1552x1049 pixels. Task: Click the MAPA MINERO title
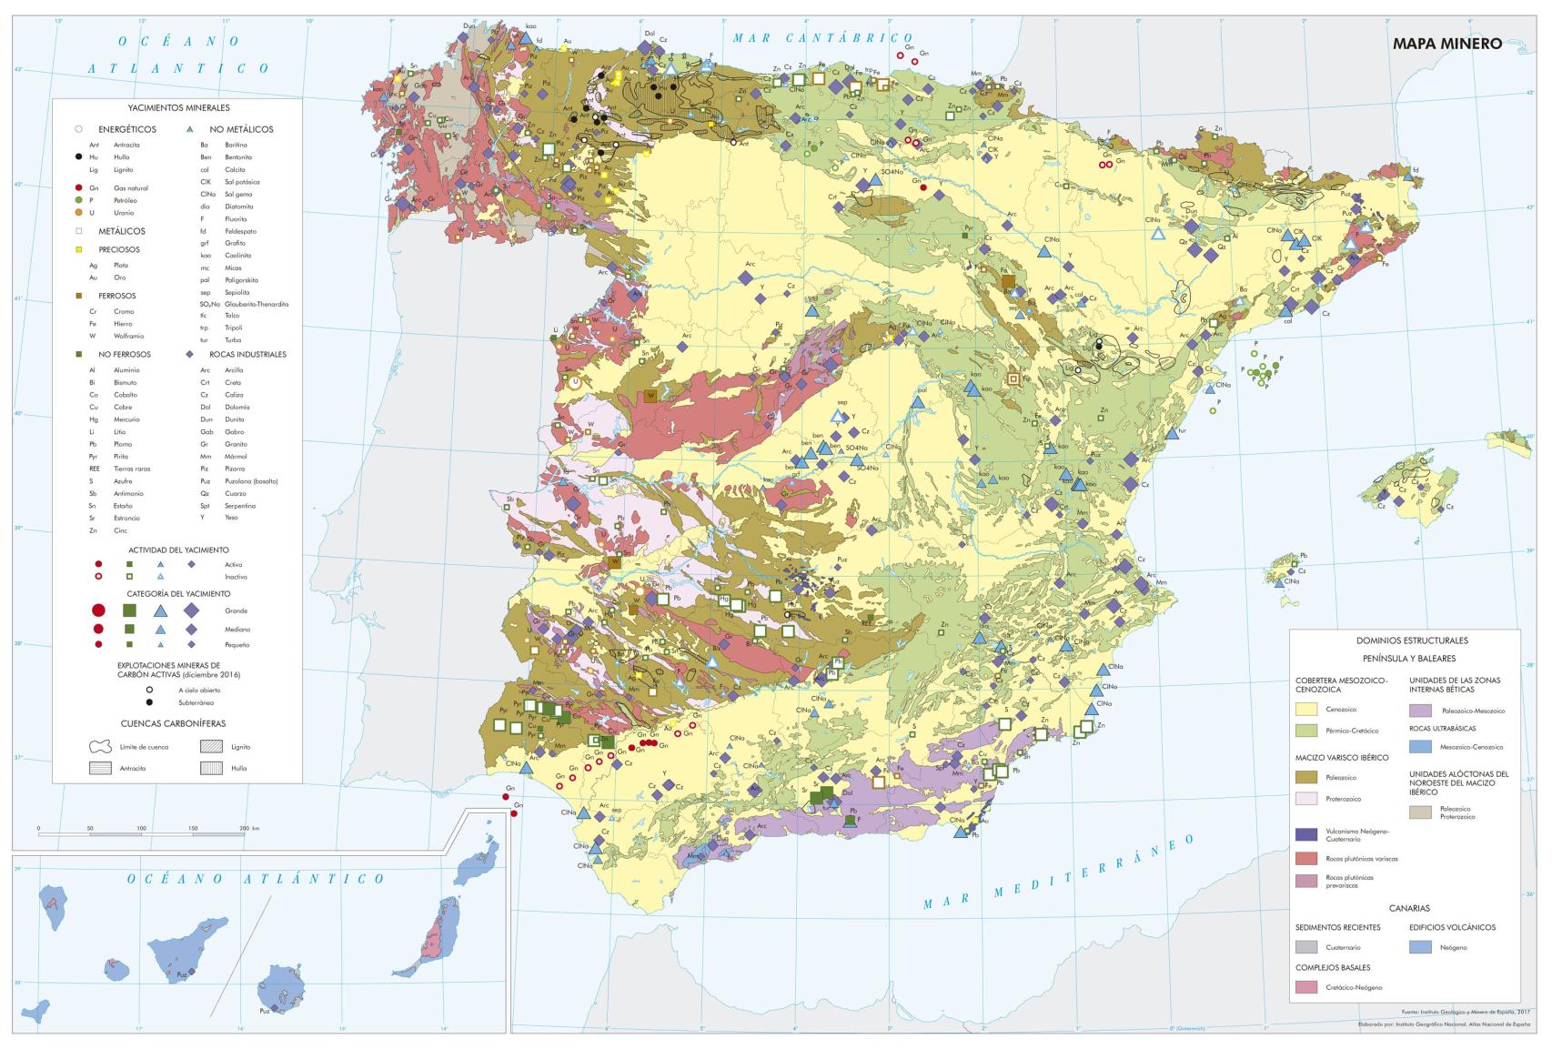coord(1446,43)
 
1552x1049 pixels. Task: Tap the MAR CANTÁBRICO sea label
coord(822,38)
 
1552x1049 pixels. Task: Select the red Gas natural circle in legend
coord(79,187)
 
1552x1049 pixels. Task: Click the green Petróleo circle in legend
coord(79,199)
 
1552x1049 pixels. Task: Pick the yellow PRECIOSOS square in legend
coord(79,249)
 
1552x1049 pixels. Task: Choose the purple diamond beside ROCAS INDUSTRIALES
coord(189,354)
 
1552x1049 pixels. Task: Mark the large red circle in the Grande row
coord(98,610)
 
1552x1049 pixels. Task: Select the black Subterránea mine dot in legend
coord(148,702)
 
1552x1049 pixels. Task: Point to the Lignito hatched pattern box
coord(211,746)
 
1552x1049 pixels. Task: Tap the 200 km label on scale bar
coord(247,829)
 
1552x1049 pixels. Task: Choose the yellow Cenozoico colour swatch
coord(1306,710)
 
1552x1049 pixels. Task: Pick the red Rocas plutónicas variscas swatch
coord(1306,858)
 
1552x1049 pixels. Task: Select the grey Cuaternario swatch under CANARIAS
coord(1306,947)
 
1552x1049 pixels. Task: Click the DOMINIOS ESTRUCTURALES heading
coord(1405,640)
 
